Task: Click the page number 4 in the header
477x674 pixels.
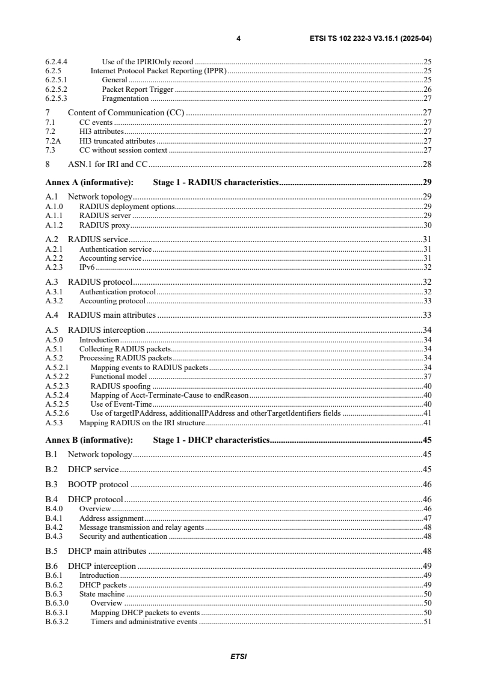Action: [238, 38]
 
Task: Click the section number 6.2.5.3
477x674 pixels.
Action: [57, 98]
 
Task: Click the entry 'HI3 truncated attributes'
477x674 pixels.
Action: [113, 141]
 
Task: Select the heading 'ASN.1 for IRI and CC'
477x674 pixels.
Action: [108, 164]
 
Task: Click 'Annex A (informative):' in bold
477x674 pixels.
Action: [89, 182]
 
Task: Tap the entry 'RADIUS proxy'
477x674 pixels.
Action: [105, 225]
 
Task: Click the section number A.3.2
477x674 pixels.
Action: [55, 300]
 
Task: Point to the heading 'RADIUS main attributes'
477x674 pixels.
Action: [112, 315]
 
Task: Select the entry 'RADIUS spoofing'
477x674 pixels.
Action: [120, 386]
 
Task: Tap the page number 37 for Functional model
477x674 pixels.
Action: [427, 377]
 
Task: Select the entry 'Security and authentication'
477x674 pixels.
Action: [123, 536]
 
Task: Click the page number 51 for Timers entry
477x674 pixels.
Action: [427, 621]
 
